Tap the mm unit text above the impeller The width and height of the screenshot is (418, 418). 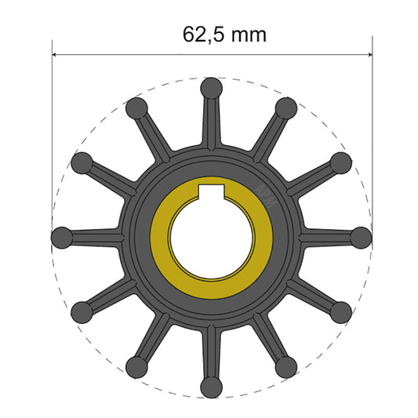click(249, 35)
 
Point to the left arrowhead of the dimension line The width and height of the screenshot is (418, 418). click(56, 55)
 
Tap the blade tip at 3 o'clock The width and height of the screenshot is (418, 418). click(360, 236)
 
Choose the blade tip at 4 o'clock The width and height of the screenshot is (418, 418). click(340, 311)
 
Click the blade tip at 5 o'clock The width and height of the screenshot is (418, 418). click(285, 365)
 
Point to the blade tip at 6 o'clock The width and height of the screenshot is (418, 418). click(210, 386)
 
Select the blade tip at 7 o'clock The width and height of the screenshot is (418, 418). click(136, 365)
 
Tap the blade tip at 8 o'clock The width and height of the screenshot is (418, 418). click(81, 311)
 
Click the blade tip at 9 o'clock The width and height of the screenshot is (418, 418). click(61, 236)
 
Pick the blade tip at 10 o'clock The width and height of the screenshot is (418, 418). click(81, 162)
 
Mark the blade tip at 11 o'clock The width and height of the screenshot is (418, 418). click(136, 107)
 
